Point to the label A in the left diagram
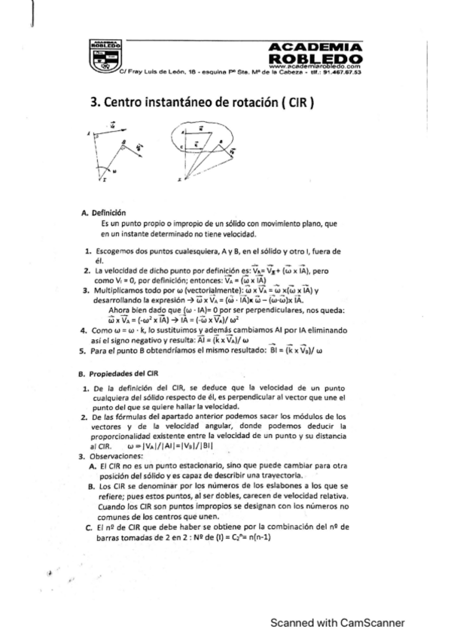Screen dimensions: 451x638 tap(87, 134)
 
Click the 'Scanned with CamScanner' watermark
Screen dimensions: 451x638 tap(337, 622)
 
